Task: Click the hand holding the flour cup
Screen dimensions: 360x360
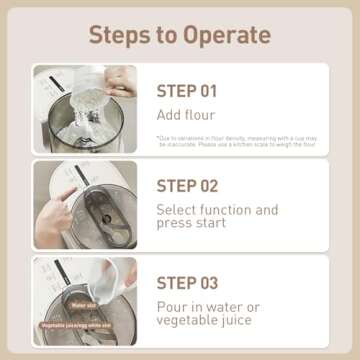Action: [121, 80]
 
